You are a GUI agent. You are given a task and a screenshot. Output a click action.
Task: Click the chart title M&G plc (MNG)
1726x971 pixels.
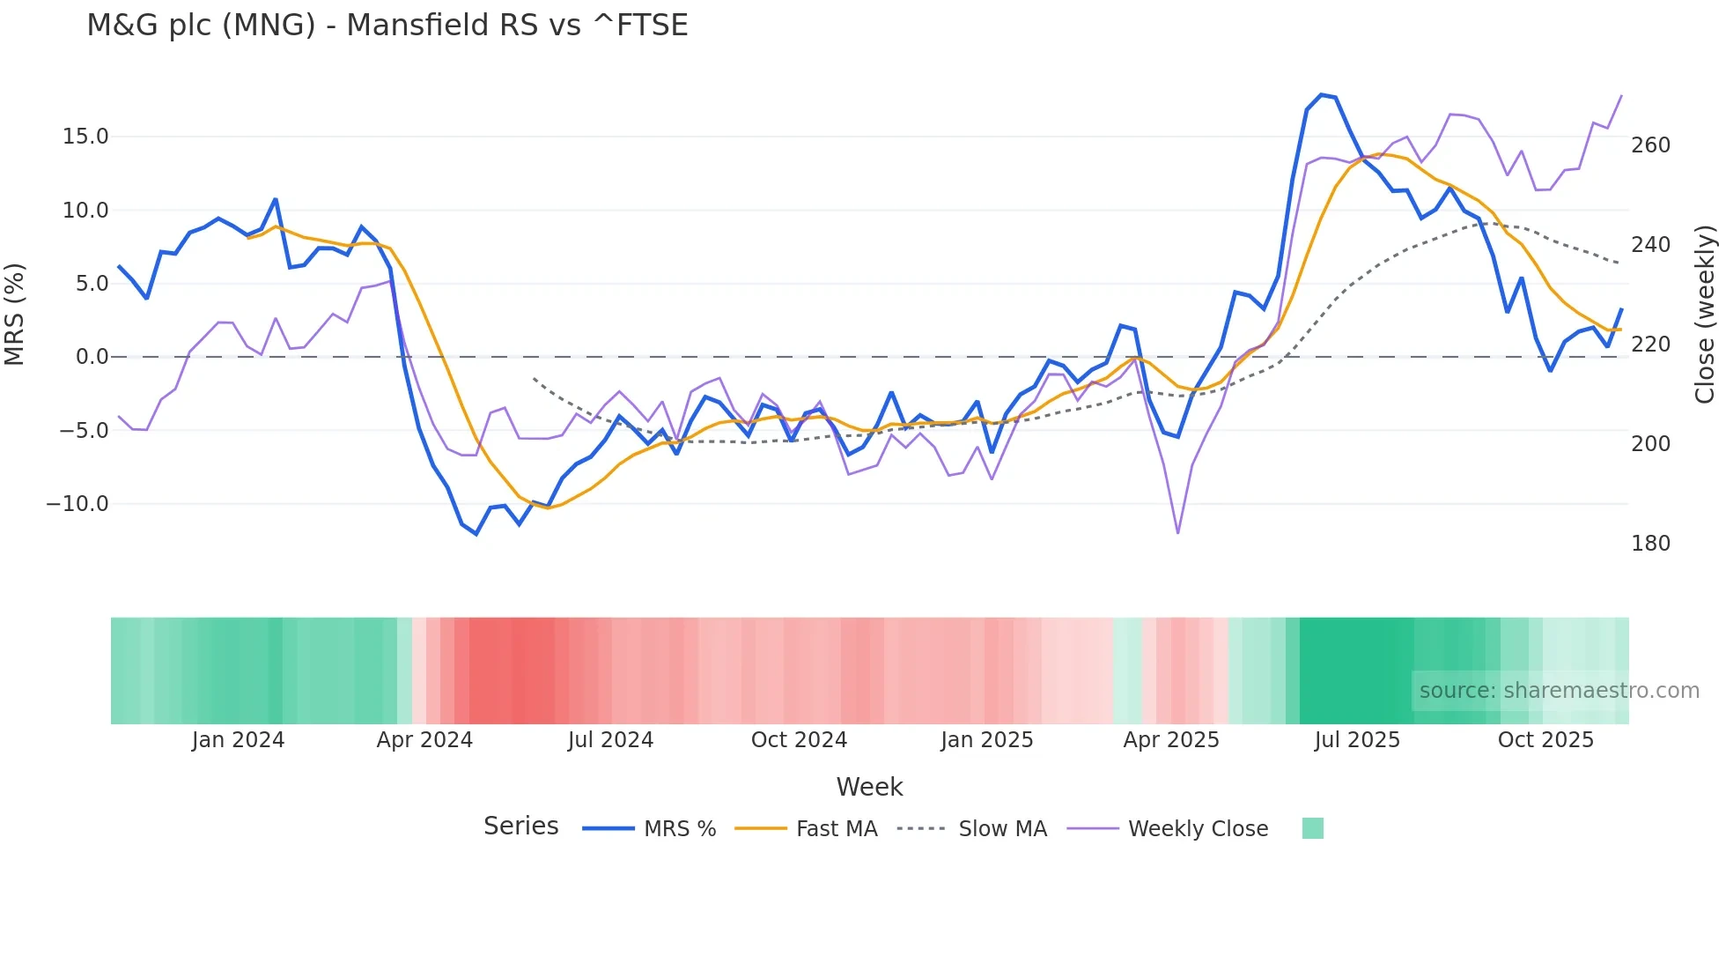click(387, 26)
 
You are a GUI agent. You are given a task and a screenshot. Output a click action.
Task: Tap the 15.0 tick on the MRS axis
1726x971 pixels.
click(85, 137)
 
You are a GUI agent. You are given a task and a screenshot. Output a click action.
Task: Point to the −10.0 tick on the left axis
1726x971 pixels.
click(77, 504)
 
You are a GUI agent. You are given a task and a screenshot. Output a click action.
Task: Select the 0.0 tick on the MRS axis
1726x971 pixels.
click(92, 357)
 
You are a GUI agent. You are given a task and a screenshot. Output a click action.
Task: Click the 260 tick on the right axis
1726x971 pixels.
click(1650, 145)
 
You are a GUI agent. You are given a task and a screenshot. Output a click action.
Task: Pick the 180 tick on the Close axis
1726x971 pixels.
click(1650, 544)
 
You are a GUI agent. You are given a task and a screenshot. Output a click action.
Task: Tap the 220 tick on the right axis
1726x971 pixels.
click(1650, 345)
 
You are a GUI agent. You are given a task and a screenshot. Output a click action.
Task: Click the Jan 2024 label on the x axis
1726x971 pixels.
click(238, 740)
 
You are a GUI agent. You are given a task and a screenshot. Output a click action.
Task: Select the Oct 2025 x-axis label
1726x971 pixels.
click(1545, 740)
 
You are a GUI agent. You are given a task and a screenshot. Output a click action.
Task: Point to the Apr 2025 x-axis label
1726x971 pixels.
click(1170, 740)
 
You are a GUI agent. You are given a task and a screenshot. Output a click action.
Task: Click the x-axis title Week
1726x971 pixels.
click(869, 787)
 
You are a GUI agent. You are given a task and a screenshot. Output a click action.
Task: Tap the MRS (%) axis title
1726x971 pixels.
click(15, 314)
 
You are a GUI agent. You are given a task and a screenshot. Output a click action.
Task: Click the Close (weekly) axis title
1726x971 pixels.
click(1705, 315)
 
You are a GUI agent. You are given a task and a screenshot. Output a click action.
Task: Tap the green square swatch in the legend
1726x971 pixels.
click(1312, 828)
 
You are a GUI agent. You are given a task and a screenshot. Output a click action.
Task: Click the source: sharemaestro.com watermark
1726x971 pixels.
click(1559, 691)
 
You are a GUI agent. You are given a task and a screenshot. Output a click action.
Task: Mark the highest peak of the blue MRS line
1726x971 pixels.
click(1321, 94)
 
